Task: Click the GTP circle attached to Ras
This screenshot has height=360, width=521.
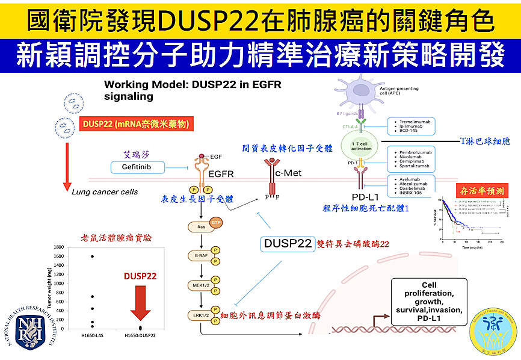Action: pyautogui.click(x=216, y=223)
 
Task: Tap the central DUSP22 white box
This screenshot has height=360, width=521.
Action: pyautogui.click(x=288, y=243)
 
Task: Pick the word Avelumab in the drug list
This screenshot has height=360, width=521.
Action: pyautogui.click(x=408, y=179)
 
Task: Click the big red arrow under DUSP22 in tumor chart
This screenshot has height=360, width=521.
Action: pyautogui.click(x=140, y=304)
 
